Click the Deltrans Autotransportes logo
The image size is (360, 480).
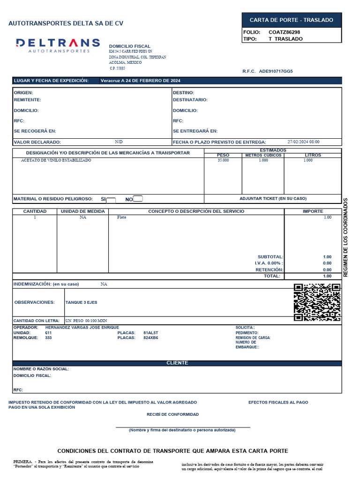(58, 45)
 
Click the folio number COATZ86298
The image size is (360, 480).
(284, 32)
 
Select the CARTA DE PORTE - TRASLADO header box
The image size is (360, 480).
(291, 20)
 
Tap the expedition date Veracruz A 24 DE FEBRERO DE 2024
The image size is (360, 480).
(140, 81)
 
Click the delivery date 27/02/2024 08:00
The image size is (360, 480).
(303, 142)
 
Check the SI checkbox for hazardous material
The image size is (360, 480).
(111, 200)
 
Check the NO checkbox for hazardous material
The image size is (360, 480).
(138, 199)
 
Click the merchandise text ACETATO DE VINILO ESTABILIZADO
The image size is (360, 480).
(56, 160)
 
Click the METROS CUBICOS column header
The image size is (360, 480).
(263, 155)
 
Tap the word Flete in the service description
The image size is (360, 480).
(121, 217)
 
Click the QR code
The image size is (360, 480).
(316, 302)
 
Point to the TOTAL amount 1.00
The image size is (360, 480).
(327, 276)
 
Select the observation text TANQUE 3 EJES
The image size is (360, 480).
(81, 302)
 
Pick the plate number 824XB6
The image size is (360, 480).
(150, 337)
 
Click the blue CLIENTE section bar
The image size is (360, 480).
(177, 363)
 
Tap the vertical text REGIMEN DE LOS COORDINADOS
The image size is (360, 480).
(346, 237)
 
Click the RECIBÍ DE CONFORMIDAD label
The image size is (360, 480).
(172, 414)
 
